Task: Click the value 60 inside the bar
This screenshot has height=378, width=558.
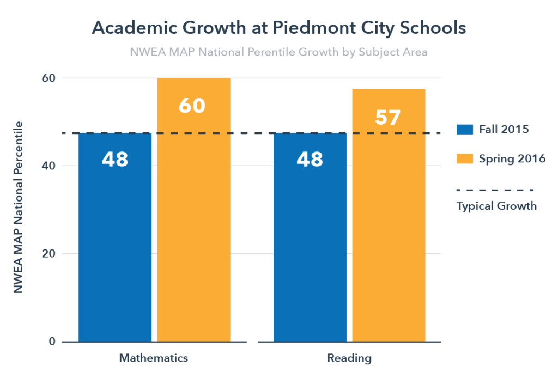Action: click(x=192, y=106)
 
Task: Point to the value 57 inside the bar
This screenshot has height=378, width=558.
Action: click(x=388, y=117)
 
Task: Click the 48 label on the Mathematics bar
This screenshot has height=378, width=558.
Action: click(x=114, y=159)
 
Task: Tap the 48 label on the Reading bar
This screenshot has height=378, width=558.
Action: click(x=310, y=159)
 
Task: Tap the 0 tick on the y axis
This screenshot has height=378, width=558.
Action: click(x=53, y=342)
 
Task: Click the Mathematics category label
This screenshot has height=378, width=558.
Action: click(x=154, y=358)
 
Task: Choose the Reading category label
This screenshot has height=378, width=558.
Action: click(x=349, y=358)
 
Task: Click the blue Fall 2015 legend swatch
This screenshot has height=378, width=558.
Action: click(x=465, y=130)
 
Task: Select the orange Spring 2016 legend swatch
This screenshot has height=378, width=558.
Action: click(x=465, y=159)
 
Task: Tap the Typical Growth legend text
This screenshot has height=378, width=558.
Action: click(x=496, y=206)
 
